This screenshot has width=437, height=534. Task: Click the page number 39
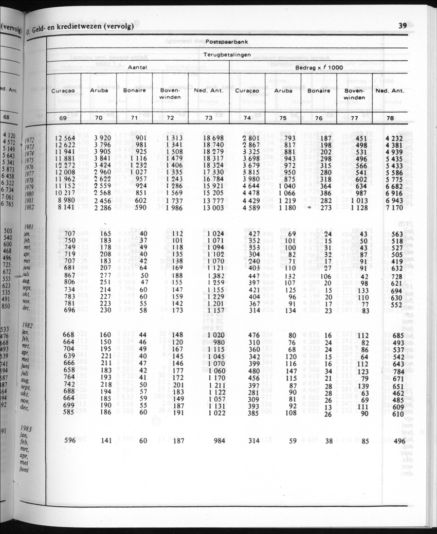[403, 26]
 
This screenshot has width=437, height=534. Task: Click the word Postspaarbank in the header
[227, 41]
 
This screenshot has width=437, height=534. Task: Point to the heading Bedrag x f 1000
[319, 67]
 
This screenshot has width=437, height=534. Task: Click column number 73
[208, 118]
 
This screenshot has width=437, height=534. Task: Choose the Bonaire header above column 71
[135, 91]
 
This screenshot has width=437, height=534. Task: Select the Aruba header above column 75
[283, 91]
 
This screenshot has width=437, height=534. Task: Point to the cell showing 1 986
[171, 208]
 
